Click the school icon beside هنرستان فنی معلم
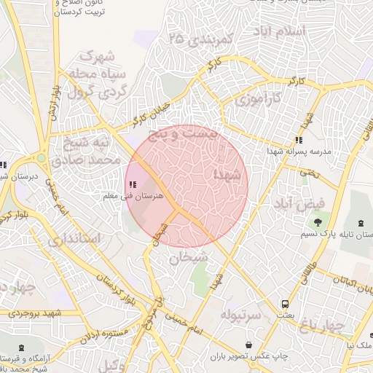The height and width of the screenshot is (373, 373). click(x=132, y=185)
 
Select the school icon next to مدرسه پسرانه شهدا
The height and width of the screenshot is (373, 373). click(x=298, y=140)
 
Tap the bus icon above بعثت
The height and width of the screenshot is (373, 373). click(x=285, y=304)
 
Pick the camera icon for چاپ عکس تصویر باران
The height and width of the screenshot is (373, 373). click(x=249, y=344)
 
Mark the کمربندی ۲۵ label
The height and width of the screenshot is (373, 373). click(x=199, y=39)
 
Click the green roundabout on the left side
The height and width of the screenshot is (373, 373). click(x=42, y=157)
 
